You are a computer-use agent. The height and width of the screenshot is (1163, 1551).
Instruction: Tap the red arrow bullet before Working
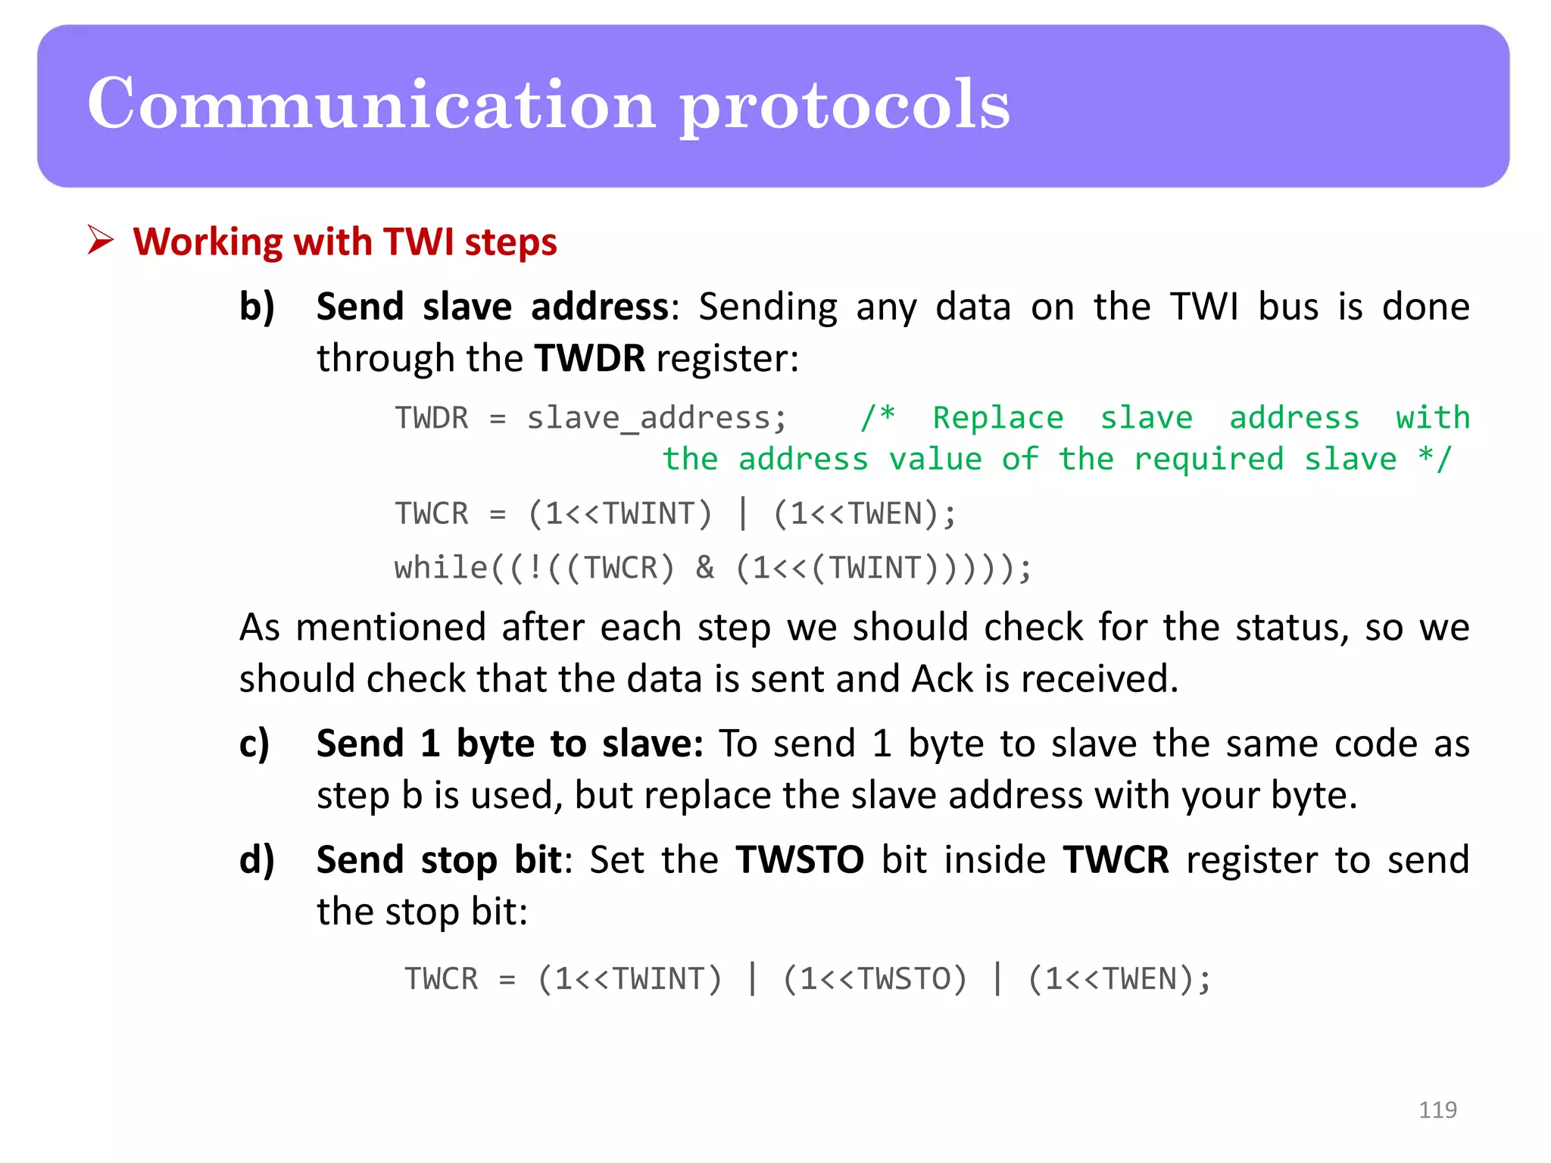point(100,241)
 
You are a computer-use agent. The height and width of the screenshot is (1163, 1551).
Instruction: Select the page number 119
point(1437,1110)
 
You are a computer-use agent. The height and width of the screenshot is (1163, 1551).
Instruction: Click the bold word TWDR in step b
point(589,358)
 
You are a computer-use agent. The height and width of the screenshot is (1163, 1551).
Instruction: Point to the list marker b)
point(257,307)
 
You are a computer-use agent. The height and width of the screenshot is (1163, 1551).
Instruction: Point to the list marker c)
point(254,744)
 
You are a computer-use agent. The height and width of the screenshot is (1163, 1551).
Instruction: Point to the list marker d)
point(257,861)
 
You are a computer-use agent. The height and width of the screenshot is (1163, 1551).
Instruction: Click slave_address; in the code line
point(657,418)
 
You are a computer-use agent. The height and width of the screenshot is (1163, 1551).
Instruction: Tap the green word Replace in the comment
point(997,418)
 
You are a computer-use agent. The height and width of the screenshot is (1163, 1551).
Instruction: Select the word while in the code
point(441,568)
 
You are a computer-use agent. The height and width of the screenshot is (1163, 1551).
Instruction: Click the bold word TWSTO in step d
point(799,860)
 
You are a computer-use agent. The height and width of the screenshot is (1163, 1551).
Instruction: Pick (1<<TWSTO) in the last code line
point(875,979)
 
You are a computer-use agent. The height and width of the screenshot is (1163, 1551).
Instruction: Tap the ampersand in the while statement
point(704,568)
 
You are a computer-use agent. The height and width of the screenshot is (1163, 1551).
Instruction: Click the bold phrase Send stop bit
point(438,860)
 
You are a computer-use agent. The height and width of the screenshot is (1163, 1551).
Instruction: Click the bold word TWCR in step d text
point(1116,860)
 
